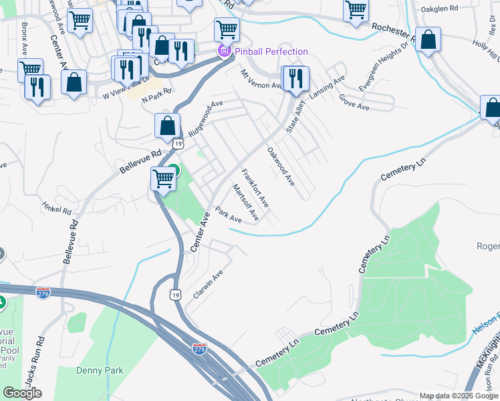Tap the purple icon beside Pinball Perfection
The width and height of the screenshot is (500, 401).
coord(223,51)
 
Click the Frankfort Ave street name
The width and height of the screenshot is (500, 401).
coord(255,188)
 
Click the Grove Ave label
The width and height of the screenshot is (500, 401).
coord(354,102)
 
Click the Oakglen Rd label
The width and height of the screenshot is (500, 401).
coord(439,9)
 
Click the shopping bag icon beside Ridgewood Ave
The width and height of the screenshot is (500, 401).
coord(167,124)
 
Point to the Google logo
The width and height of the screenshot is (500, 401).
coord(22,393)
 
